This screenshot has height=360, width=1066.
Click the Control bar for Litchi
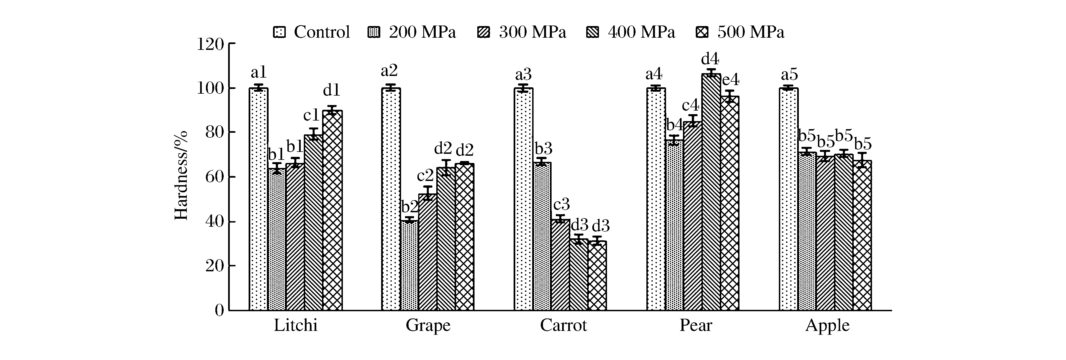coord(259,199)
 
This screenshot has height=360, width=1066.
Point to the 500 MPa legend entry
coord(741,32)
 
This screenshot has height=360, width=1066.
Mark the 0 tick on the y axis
coord(219,310)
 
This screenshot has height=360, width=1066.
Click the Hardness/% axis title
coord(181,176)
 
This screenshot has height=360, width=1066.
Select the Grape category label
coord(428,326)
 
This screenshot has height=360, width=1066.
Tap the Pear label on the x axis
coord(696,326)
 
